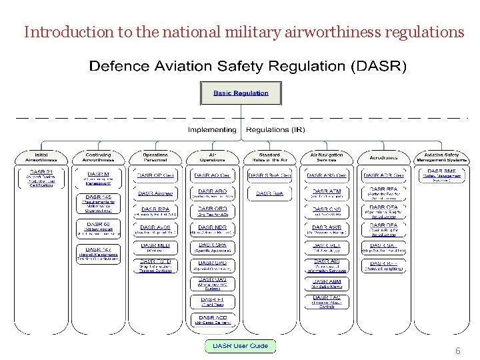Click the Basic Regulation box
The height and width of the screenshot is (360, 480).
pyautogui.click(x=241, y=93)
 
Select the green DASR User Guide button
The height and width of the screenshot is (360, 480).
pyautogui.click(x=240, y=346)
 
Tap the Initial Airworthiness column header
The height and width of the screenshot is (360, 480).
pyautogui.click(x=41, y=157)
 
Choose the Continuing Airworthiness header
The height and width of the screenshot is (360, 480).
pyautogui.click(x=98, y=157)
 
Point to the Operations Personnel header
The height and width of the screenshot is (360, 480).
pyautogui.click(x=155, y=157)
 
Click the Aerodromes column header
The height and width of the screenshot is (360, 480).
pyautogui.click(x=383, y=158)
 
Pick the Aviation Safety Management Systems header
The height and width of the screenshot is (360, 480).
pyautogui.click(x=441, y=157)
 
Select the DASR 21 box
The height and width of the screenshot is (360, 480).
pyautogui.click(x=41, y=178)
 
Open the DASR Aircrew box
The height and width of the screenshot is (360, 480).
pyautogui.click(x=155, y=193)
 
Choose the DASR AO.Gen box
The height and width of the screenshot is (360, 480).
pyautogui.click(x=212, y=176)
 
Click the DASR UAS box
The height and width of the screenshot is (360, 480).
pyautogui.click(x=212, y=283)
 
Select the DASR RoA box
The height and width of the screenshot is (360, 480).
pyautogui.click(x=269, y=193)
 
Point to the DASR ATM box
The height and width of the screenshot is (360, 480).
pyautogui.click(x=326, y=193)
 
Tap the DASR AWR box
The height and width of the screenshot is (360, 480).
pyautogui.click(x=326, y=229)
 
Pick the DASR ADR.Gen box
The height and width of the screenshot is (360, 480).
pyautogui.click(x=383, y=176)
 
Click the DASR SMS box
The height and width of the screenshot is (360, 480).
pyautogui.click(x=441, y=175)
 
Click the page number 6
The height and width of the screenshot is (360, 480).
pyautogui.click(x=458, y=351)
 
